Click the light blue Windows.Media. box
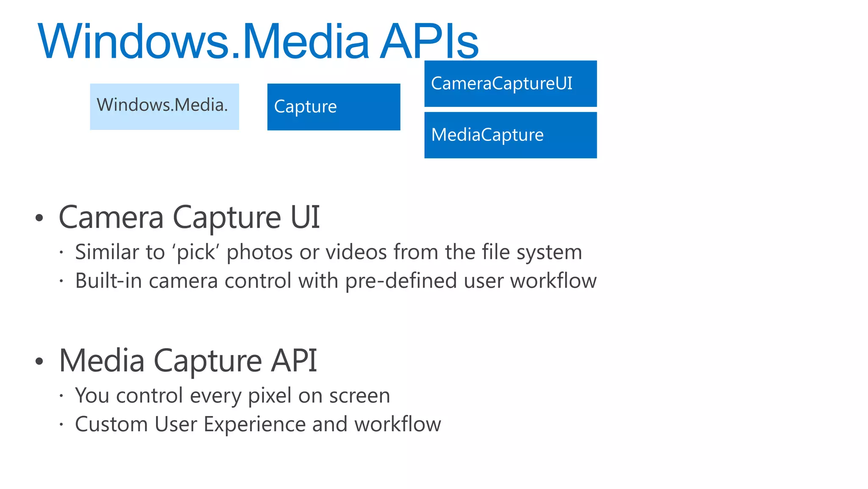(164, 107)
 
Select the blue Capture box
(334, 107)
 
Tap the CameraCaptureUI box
(510, 84)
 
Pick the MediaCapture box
(510, 135)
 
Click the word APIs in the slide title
(429, 42)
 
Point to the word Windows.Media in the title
(204, 42)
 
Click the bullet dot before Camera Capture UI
(39, 218)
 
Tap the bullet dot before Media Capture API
(39, 361)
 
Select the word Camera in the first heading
(111, 217)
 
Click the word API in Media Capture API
(294, 361)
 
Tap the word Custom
(111, 424)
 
